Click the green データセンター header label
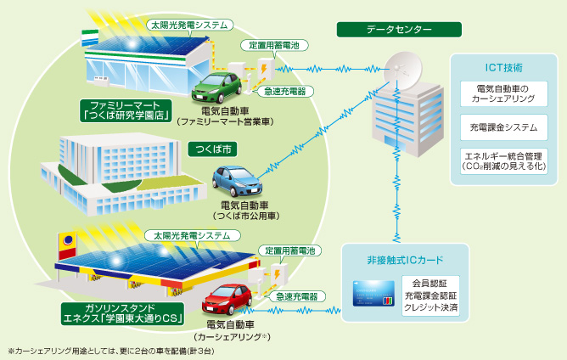click(x=399, y=30)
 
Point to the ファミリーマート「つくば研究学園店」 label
click(x=126, y=110)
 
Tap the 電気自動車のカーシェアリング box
click(x=502, y=93)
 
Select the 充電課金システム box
click(x=502, y=128)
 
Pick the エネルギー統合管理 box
click(x=502, y=160)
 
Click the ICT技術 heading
click(x=502, y=66)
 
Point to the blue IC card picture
click(x=375, y=294)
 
